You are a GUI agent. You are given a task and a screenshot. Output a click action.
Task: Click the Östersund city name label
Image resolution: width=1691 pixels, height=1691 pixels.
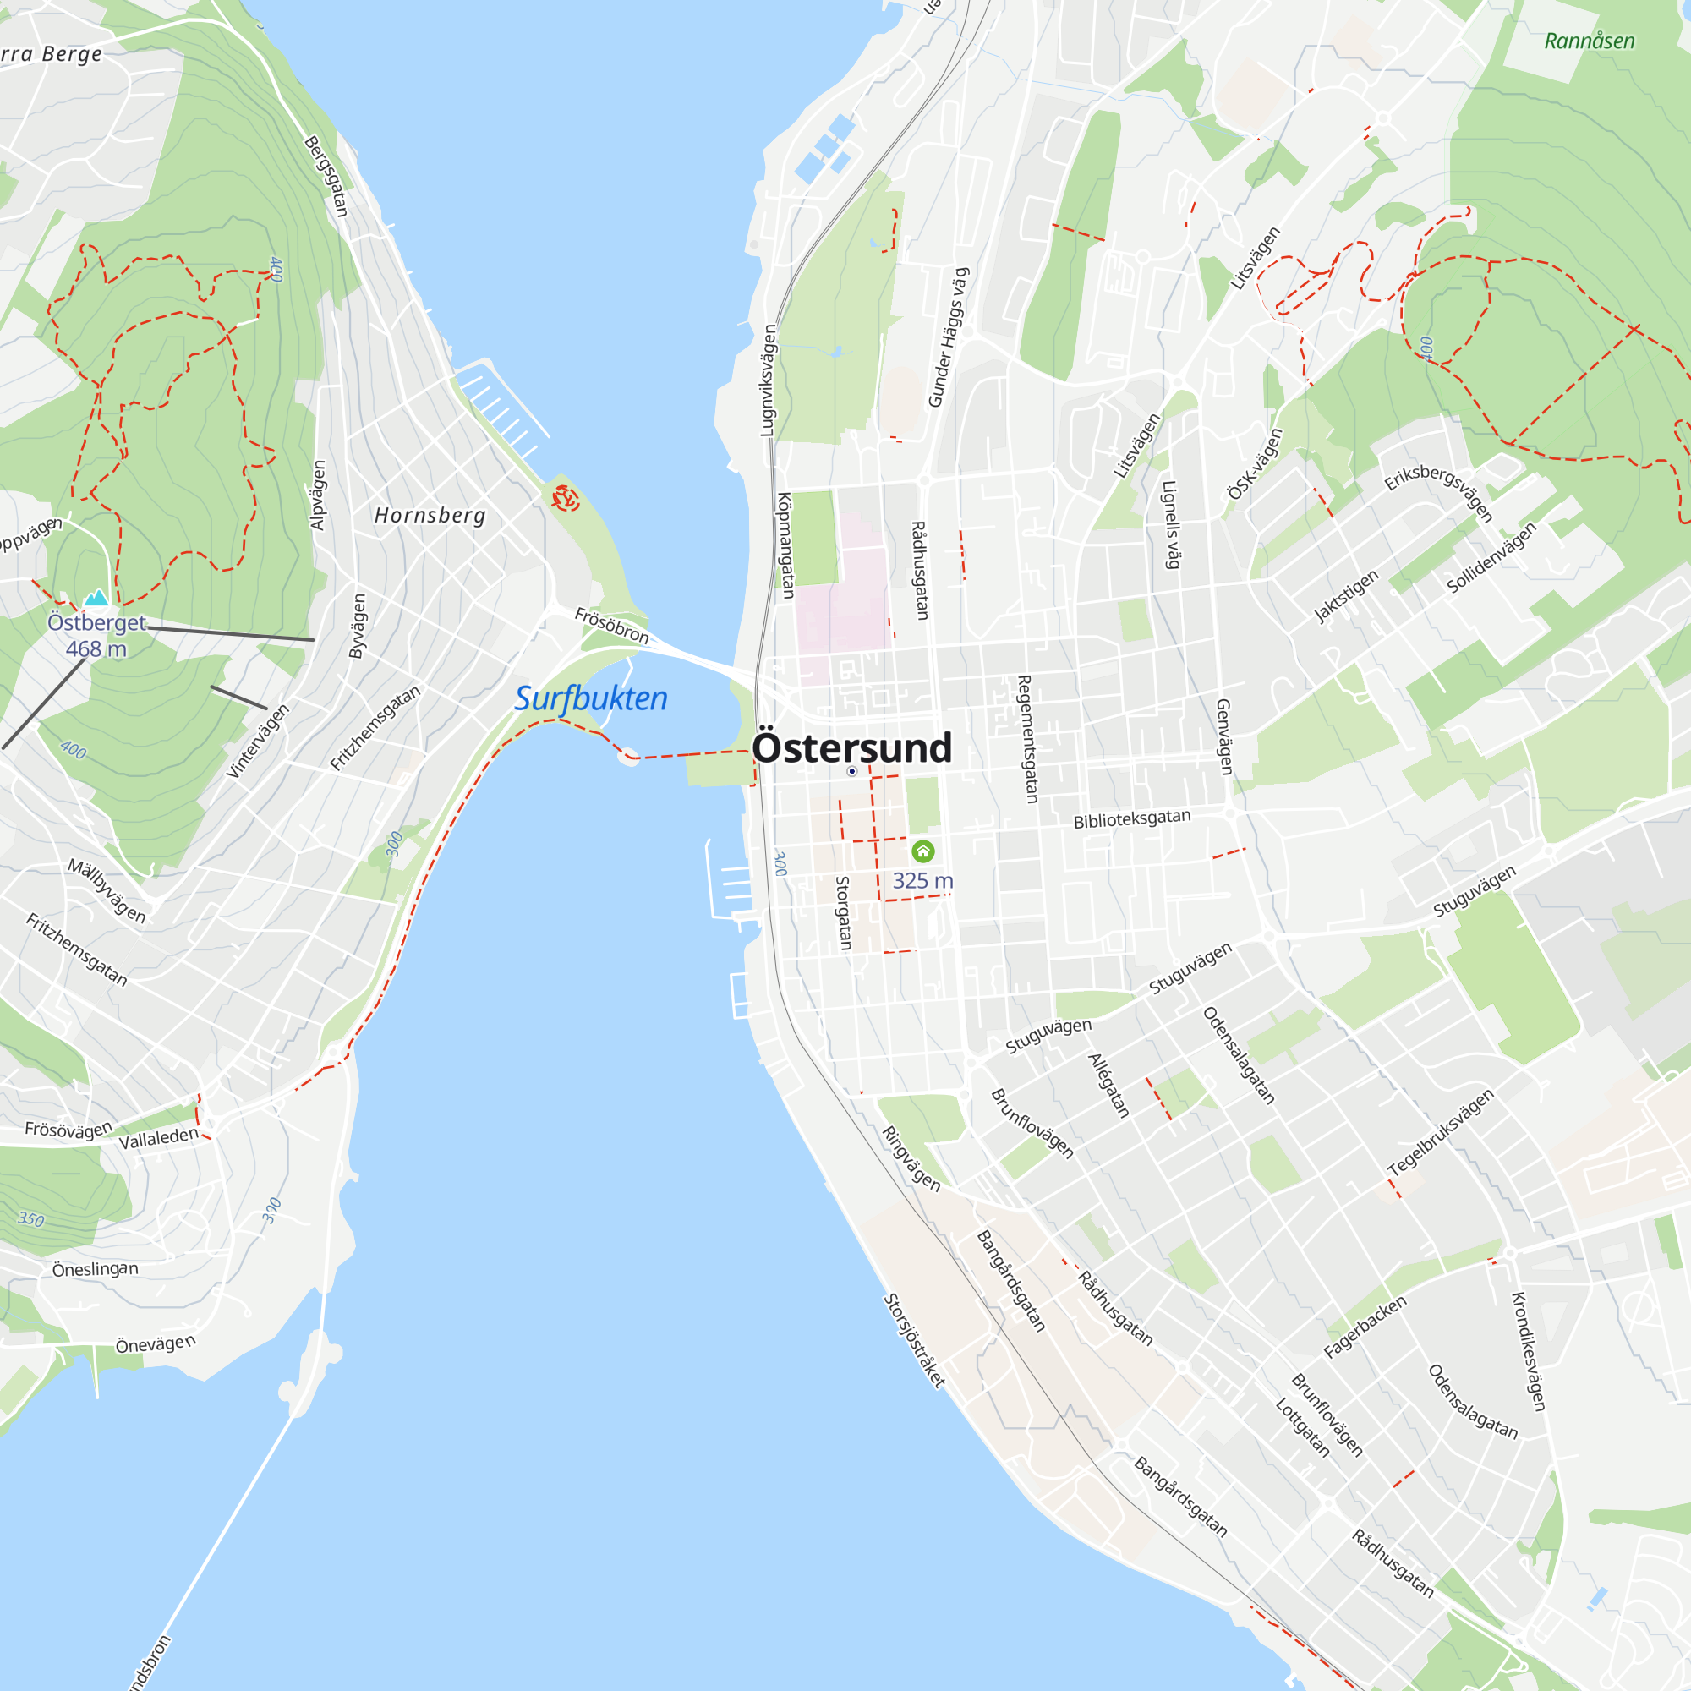[851, 748]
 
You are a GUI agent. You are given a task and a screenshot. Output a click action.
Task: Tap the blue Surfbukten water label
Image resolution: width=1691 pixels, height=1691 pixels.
[591, 698]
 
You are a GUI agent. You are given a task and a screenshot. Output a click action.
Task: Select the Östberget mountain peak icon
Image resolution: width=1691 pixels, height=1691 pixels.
[96, 598]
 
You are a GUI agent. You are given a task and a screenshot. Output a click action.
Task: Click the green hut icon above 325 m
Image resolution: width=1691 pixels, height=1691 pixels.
[922, 851]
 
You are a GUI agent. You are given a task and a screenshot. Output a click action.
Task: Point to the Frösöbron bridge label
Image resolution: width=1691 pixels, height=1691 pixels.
[612, 626]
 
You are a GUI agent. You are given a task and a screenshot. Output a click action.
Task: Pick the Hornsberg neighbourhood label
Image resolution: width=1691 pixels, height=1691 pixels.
[430, 516]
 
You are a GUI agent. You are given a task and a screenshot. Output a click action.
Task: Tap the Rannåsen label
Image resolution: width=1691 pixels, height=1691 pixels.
[1589, 41]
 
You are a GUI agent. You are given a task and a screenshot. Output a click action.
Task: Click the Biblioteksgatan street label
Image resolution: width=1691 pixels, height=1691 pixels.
[1132, 818]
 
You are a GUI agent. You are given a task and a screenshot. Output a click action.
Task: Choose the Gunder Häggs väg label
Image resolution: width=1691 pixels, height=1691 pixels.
[949, 338]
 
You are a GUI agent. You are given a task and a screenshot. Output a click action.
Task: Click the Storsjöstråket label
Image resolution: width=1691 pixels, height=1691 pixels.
[914, 1340]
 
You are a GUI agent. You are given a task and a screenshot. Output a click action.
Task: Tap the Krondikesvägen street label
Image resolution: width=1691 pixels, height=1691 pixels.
[1529, 1350]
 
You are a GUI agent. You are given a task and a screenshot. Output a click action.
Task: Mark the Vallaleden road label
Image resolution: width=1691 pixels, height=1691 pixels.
[158, 1139]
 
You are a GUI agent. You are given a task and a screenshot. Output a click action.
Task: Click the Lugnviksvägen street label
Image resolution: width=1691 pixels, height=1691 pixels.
[768, 380]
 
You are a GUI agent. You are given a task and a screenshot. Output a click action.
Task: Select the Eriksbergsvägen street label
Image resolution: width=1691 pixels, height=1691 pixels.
[1437, 492]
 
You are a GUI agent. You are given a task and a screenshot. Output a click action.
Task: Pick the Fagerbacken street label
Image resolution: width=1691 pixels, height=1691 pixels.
[1365, 1326]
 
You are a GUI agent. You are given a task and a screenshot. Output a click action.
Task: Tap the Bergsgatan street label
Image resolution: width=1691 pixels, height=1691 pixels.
[326, 176]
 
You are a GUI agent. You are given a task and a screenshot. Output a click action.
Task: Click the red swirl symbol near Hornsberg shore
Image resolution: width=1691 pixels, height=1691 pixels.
[566, 499]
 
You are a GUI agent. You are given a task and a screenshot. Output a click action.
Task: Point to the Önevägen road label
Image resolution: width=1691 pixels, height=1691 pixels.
[156, 1343]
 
